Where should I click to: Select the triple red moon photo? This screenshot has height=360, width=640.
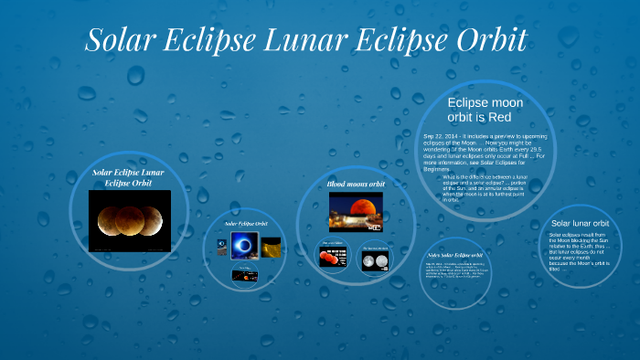[x=129, y=221]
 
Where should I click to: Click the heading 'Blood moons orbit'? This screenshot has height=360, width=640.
[x=356, y=184]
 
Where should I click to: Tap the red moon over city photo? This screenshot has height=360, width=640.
[x=356, y=211]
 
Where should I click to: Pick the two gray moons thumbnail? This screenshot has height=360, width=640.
[x=375, y=259]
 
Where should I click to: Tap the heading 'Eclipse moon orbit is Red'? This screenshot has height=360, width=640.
[x=485, y=111]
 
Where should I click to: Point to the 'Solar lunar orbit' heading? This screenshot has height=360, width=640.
[x=580, y=223]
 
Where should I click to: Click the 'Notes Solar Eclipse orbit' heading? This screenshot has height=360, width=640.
[x=455, y=254]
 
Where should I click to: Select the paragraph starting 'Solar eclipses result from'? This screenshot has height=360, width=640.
[x=580, y=251]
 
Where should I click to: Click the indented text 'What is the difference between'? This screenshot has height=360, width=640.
[x=484, y=177]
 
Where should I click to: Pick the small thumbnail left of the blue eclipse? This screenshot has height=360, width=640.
[x=222, y=244]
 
